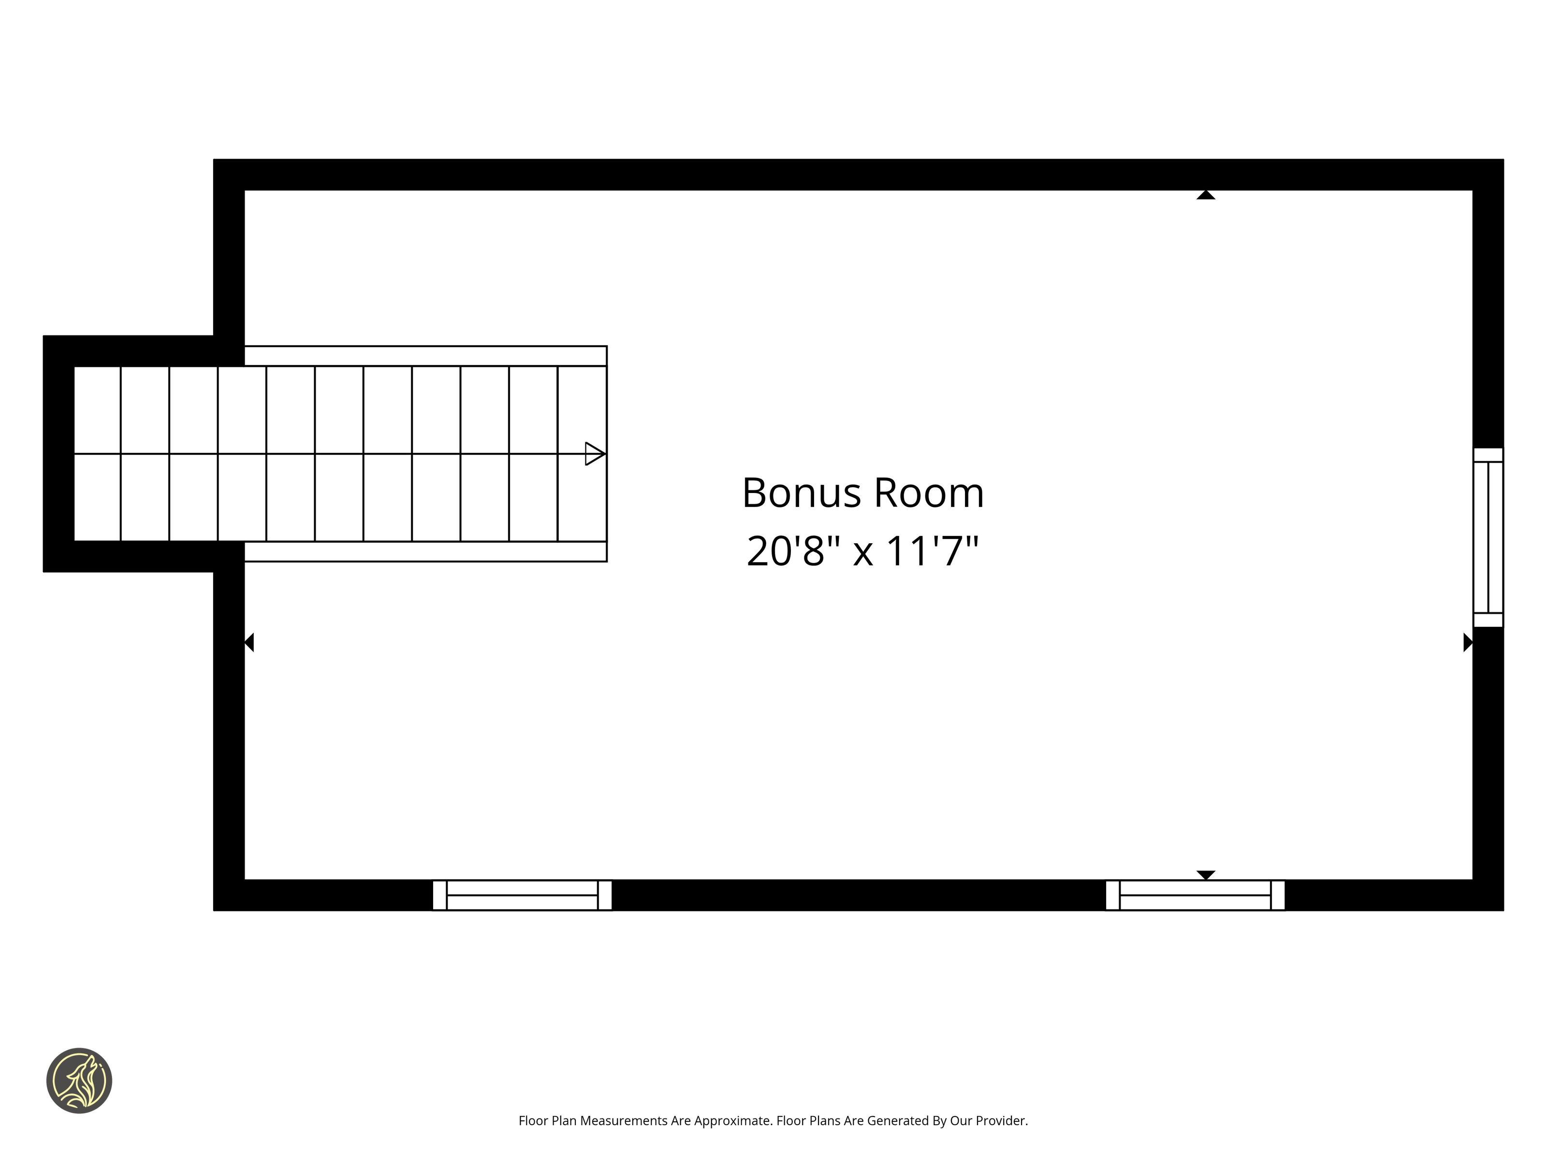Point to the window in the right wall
[x=1488, y=537]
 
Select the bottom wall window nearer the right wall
[x=1195, y=895]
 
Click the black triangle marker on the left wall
[x=249, y=642]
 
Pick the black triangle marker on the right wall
[x=1468, y=642]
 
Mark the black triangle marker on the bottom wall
[x=1206, y=875]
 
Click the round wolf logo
[x=79, y=1080]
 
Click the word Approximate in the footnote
[x=732, y=1121]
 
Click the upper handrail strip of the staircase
[x=425, y=356]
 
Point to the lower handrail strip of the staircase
[x=425, y=551]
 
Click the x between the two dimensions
[x=863, y=554]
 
